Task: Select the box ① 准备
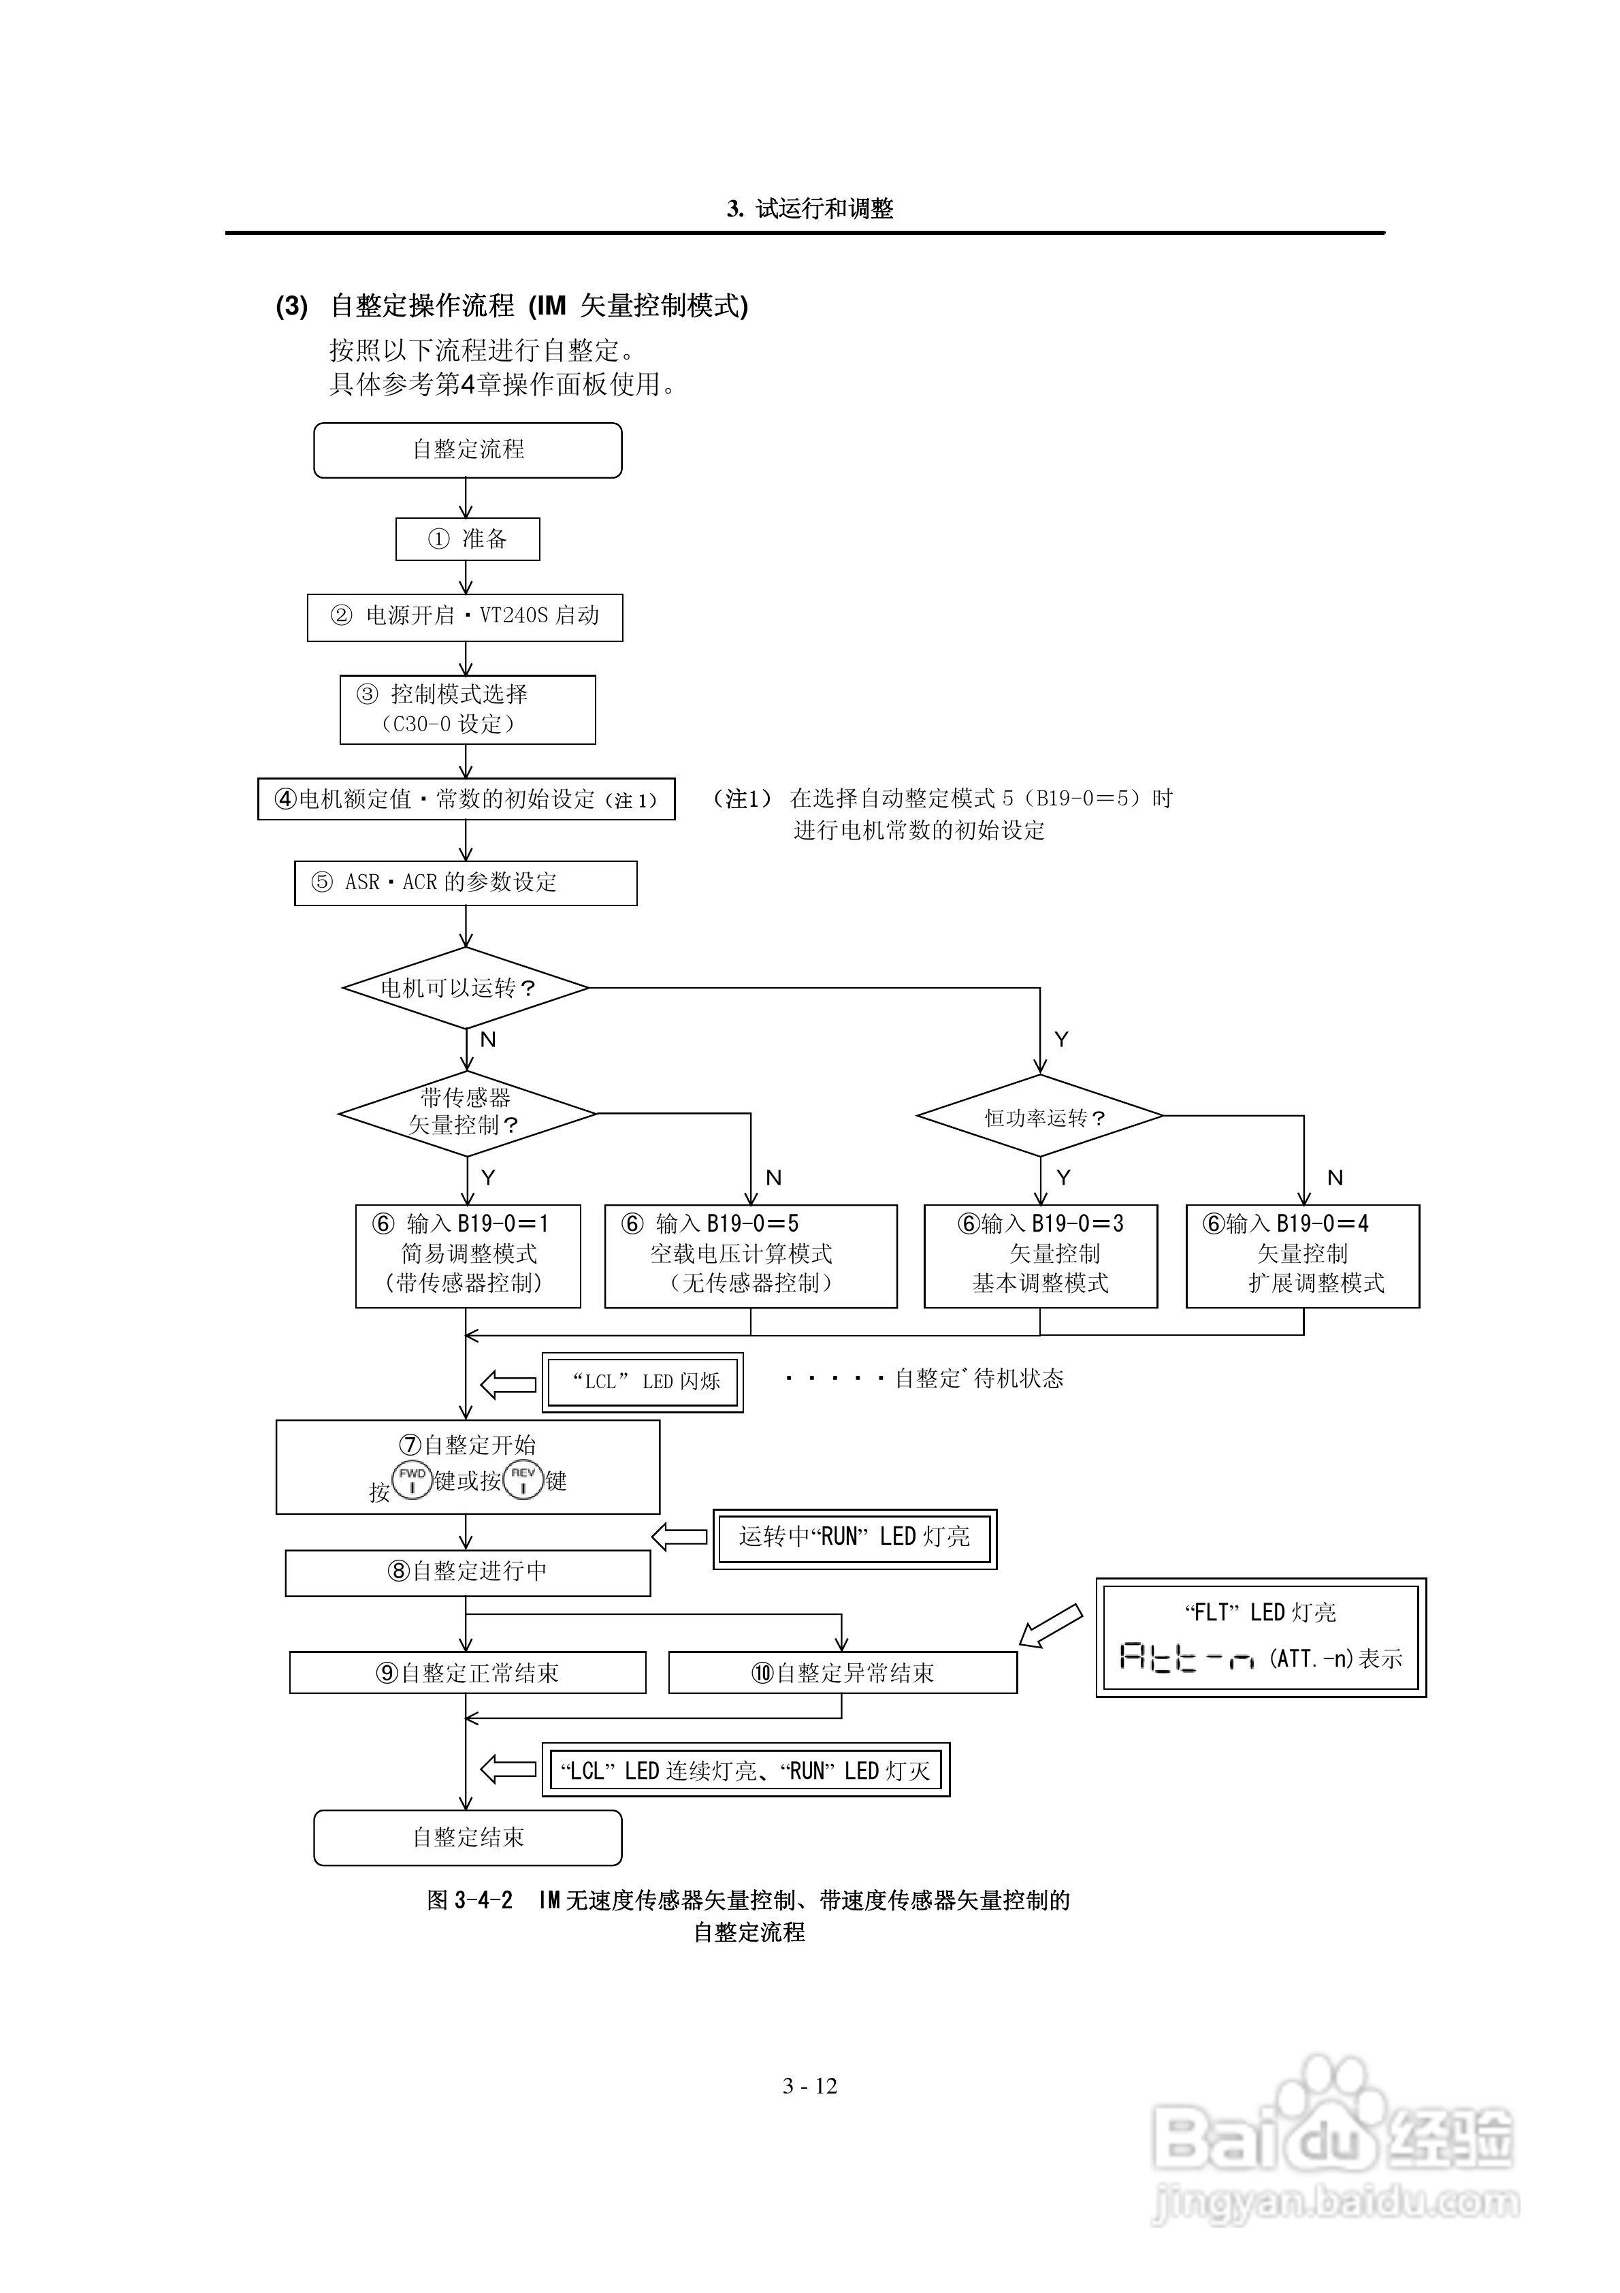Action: click(468, 539)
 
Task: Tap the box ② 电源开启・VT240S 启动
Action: click(464, 616)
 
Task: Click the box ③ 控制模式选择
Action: click(468, 709)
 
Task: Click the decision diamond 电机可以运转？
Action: click(466, 988)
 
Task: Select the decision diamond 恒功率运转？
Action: click(1039, 1117)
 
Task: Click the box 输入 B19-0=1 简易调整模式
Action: click(468, 1255)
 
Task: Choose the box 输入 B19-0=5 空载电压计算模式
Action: click(750, 1255)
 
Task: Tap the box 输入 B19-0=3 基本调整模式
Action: click(1039, 1255)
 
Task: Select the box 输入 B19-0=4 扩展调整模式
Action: click(1302, 1255)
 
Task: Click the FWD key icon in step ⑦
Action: click(412, 1479)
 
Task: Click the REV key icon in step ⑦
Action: click(522, 1479)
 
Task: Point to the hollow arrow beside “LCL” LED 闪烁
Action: click(508, 1384)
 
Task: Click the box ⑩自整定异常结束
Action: click(842, 1673)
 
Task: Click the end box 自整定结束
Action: click(468, 1838)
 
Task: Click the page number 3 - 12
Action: click(810, 2086)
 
